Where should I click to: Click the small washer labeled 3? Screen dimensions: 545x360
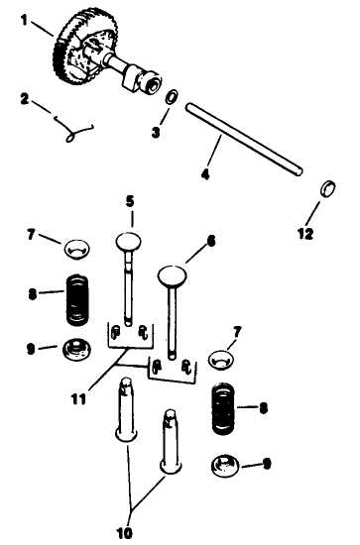171,98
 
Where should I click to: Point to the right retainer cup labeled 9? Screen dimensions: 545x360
226,462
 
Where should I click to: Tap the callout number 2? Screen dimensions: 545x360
25,99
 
